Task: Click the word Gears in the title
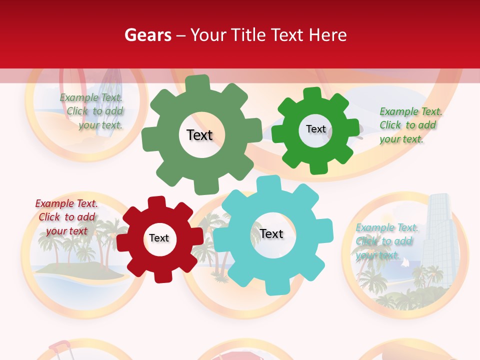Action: (x=148, y=35)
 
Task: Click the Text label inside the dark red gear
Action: (x=159, y=238)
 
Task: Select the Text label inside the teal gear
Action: (x=271, y=234)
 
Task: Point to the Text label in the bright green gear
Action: (x=315, y=129)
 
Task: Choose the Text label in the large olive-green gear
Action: (x=199, y=135)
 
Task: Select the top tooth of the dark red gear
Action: (x=156, y=203)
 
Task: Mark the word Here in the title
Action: (x=327, y=35)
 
